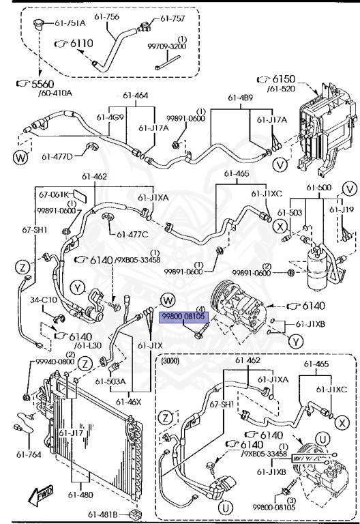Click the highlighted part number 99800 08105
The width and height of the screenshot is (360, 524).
click(181, 317)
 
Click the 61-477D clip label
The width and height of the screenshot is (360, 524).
click(57, 156)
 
